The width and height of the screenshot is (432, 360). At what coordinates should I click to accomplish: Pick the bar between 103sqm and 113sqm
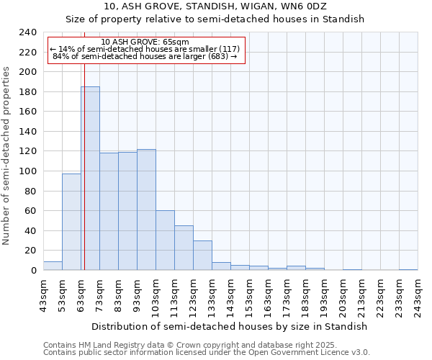click(165, 240)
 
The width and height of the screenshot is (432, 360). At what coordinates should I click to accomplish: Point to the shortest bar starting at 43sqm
click(53, 266)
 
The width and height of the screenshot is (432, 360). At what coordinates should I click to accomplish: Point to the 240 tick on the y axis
click(28, 32)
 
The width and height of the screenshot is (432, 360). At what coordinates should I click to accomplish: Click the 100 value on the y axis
click(28, 171)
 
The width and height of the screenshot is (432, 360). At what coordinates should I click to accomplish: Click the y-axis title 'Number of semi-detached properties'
click(6, 156)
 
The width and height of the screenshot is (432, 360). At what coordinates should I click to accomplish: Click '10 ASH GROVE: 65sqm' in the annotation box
click(145, 42)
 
